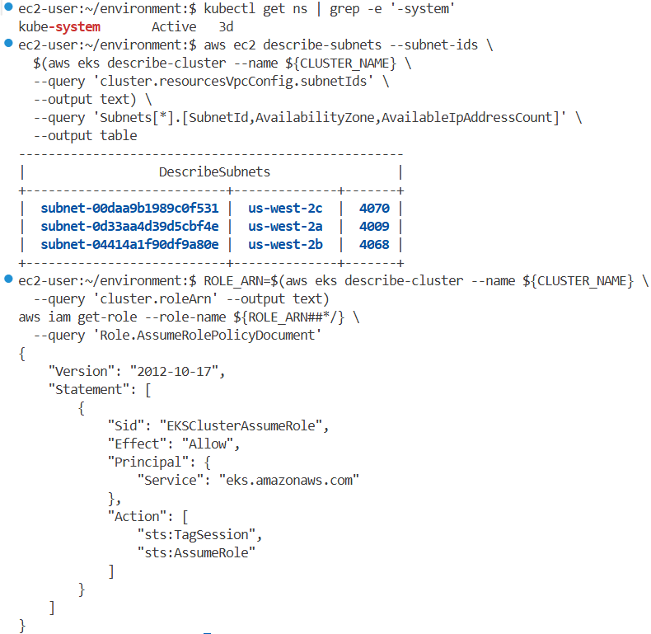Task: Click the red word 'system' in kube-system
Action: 79,26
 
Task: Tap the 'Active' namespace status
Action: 174,26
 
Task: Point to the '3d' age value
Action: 226,26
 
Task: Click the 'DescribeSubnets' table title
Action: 214,171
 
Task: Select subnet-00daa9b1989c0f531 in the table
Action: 129,208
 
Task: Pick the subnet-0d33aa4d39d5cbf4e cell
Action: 129,226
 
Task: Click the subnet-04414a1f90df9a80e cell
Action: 129,244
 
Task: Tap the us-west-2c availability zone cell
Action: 285,208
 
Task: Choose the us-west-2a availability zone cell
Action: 285,226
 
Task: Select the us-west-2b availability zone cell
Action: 285,244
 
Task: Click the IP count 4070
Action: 374,208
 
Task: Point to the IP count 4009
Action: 374,226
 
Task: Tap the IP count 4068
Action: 374,244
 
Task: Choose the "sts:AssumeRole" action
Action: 196,552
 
